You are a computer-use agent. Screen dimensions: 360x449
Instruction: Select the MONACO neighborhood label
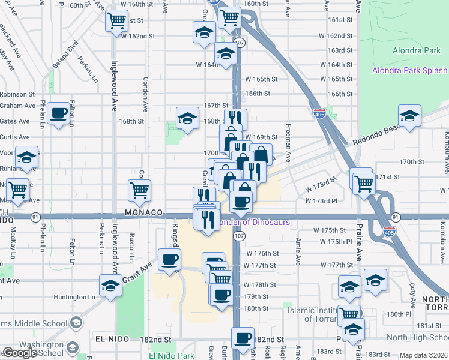click(x=144, y=213)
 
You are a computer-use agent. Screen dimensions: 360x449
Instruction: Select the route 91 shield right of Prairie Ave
click(x=395, y=217)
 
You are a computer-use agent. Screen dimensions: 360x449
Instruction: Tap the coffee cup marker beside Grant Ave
click(x=168, y=259)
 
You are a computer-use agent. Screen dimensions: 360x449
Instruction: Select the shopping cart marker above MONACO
click(x=139, y=190)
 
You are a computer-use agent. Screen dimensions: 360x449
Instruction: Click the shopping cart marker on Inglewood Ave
click(x=116, y=21)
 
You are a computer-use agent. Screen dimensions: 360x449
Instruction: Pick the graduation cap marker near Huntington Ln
click(x=110, y=287)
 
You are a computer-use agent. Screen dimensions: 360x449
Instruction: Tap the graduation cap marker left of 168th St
click(x=187, y=118)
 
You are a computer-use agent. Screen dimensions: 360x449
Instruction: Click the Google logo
click(x=20, y=353)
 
